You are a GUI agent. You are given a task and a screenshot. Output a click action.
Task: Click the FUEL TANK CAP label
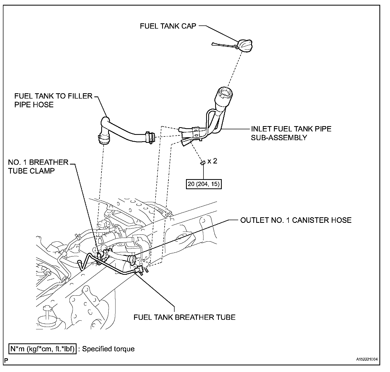coord(168,26)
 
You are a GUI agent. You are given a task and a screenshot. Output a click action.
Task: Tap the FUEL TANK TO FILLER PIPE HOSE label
coord(53,100)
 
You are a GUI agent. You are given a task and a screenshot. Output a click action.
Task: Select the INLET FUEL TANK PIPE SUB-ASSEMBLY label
coord(291,133)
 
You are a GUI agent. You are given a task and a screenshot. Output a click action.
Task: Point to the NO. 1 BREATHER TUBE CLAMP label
coord(38,166)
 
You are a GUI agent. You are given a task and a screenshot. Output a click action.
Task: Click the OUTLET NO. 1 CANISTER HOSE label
coord(296,220)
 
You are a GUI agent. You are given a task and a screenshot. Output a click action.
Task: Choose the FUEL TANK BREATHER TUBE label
coord(184,317)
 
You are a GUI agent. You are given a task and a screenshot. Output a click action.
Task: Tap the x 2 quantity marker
coord(212,161)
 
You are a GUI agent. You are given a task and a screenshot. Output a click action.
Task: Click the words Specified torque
coord(108,349)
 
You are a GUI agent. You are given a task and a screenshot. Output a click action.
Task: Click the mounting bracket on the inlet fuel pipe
coord(196,132)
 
